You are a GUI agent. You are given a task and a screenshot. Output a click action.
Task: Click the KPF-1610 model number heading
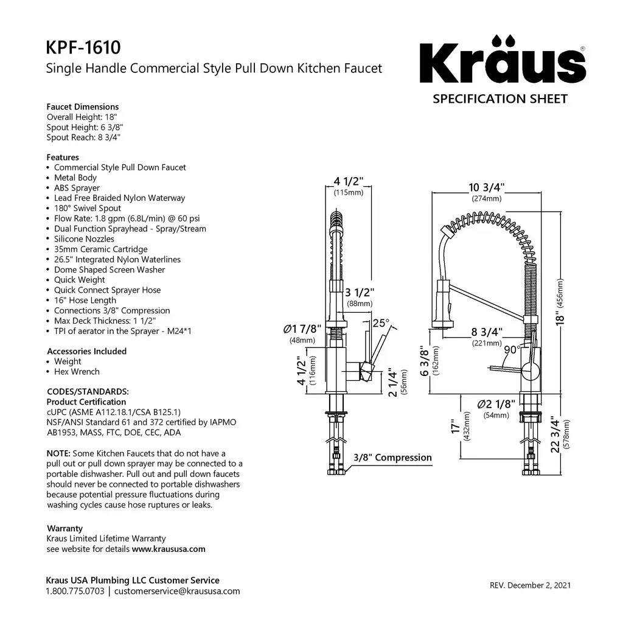point(83,47)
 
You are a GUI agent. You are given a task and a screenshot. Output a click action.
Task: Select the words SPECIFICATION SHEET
point(500,99)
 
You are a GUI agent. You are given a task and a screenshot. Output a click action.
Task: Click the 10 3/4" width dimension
point(487,187)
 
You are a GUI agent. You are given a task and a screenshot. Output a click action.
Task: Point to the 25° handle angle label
point(381,322)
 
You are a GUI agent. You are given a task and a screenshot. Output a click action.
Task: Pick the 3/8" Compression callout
point(393,458)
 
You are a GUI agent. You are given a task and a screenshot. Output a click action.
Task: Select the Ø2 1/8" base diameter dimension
point(496,404)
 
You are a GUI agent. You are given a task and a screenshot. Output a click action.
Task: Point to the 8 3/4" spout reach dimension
point(487,332)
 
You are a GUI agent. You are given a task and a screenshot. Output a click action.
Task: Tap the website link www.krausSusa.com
point(169,549)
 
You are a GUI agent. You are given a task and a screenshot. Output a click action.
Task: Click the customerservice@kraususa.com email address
point(177,591)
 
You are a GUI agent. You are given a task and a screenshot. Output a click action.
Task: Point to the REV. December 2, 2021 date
point(530,586)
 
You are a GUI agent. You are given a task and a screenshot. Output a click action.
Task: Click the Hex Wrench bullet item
point(77,372)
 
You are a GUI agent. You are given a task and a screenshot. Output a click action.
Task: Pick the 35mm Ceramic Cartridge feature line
point(100,249)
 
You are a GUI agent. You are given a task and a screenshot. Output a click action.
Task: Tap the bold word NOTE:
point(58,454)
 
